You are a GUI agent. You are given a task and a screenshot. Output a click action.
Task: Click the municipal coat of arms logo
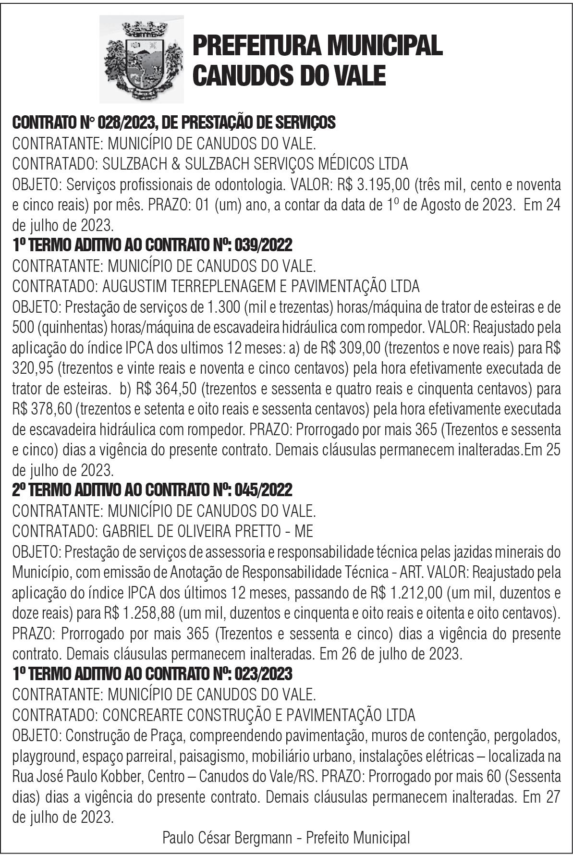pyautogui.click(x=141, y=59)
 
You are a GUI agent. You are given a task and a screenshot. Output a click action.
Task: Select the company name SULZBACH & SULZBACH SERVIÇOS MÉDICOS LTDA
pyautogui.click(x=255, y=164)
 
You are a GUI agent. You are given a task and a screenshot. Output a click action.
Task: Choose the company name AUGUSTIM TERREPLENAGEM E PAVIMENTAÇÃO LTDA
pyautogui.click(x=261, y=286)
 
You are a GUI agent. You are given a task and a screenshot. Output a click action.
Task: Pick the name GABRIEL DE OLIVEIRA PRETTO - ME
pyautogui.click(x=207, y=531)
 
